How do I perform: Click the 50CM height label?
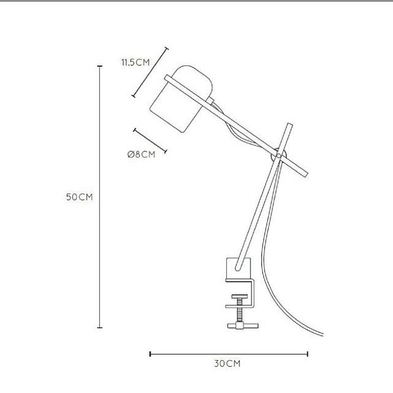79,197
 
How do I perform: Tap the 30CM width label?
227,364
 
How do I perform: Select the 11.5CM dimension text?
136,62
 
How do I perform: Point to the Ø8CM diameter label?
141,155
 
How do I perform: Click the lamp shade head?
181,99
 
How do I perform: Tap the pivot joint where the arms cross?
279,156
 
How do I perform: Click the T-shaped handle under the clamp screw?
243,326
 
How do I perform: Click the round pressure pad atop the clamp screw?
240,296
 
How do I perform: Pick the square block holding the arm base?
239,268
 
